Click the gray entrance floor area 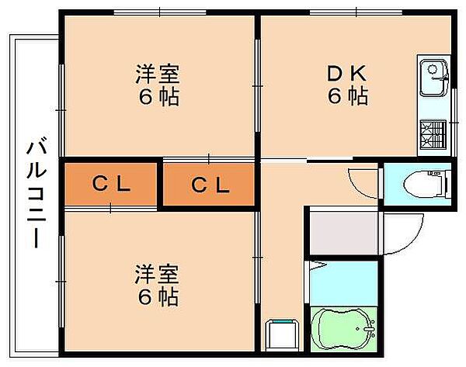click(x=342, y=231)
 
